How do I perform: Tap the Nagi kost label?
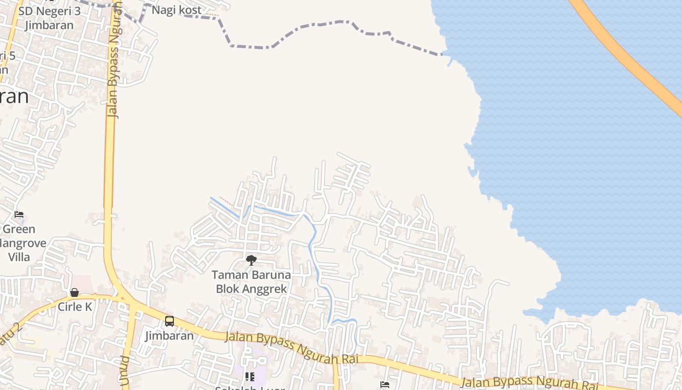176,10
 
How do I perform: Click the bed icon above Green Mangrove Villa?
19,214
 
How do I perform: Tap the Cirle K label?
75,307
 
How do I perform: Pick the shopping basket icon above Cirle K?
75,292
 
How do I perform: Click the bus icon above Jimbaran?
169,321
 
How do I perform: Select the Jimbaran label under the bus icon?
169,335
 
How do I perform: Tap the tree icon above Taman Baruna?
251,260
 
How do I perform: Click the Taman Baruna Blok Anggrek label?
251,282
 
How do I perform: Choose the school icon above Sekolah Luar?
250,376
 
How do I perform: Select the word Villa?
19,257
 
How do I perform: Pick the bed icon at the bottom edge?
385,385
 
